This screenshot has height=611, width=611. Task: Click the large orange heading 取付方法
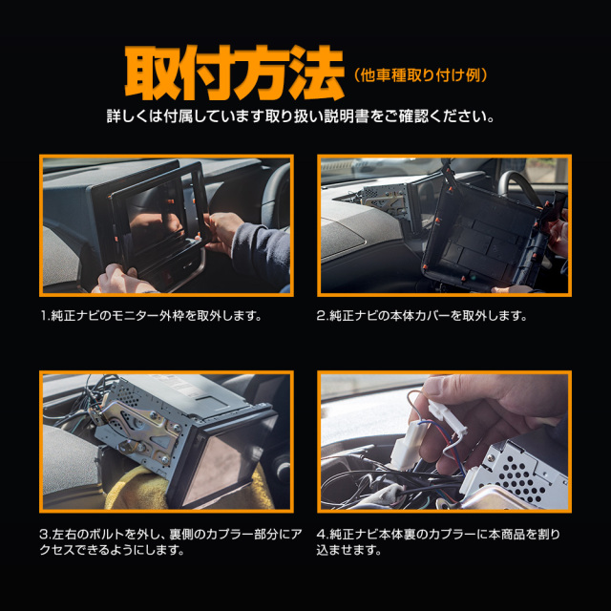click(x=234, y=74)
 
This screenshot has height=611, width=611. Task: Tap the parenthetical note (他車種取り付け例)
click(x=420, y=75)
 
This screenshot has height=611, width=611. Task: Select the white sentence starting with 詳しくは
click(x=301, y=116)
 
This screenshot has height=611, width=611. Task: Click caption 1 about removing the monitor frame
click(x=151, y=316)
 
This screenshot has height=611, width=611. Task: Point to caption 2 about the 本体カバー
click(x=422, y=316)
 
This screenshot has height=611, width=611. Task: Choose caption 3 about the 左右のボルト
click(x=171, y=542)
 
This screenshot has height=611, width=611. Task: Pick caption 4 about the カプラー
click(x=438, y=542)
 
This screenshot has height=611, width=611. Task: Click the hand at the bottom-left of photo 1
click(x=121, y=280)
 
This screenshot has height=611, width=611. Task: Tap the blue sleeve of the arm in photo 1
click(x=262, y=253)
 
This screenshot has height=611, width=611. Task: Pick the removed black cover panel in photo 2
click(x=487, y=234)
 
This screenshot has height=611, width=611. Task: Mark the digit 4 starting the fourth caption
click(x=321, y=535)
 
